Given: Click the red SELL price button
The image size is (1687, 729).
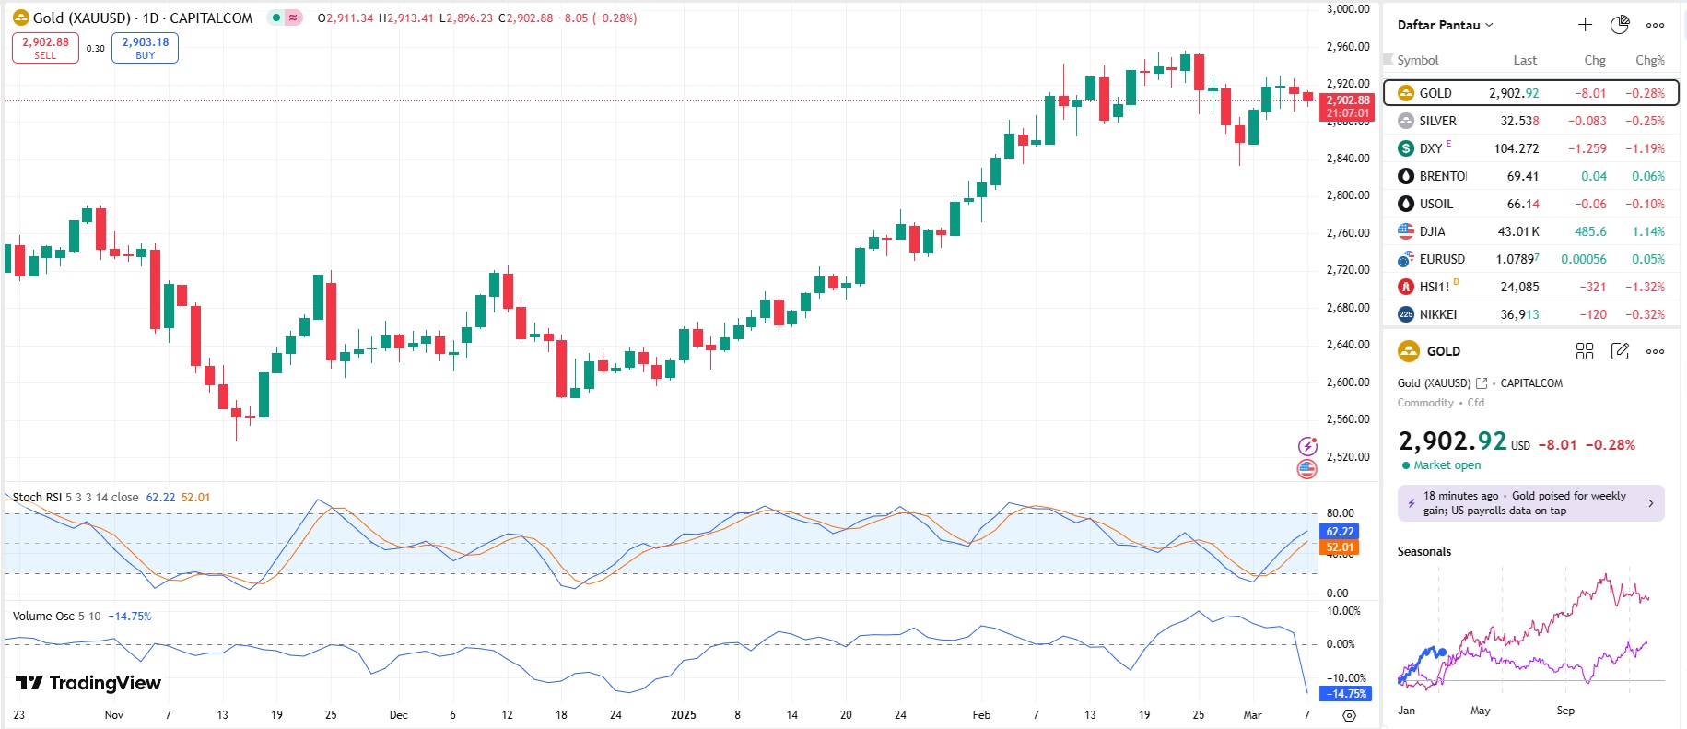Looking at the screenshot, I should (45, 48).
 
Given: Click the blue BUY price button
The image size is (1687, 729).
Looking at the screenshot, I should (145, 48).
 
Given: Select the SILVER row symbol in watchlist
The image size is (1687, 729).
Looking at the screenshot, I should (1437, 121).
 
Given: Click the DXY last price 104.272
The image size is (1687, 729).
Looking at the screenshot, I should (1516, 148).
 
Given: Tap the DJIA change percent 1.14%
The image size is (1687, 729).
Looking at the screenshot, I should (1647, 231).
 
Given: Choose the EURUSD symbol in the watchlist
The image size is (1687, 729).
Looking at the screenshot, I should (1441, 259).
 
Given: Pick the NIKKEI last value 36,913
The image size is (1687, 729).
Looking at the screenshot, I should (1519, 314).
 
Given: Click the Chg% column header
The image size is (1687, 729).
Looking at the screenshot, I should (1649, 60).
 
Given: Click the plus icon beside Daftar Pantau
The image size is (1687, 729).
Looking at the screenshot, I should (1585, 25).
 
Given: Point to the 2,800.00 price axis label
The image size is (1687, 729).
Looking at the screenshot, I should (1347, 195).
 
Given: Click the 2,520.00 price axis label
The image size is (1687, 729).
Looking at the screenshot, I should (1347, 456).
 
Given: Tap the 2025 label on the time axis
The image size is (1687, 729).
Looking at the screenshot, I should (683, 714).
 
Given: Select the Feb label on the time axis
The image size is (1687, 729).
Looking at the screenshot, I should (981, 714).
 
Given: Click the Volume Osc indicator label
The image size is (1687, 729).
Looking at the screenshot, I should (43, 616).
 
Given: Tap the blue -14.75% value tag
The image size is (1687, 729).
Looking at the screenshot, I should (1346, 693).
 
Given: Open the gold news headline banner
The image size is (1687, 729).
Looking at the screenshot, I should (1530, 503).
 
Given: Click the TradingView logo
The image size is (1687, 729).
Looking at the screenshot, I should (88, 683).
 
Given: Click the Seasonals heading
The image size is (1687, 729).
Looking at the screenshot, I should (1423, 551).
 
